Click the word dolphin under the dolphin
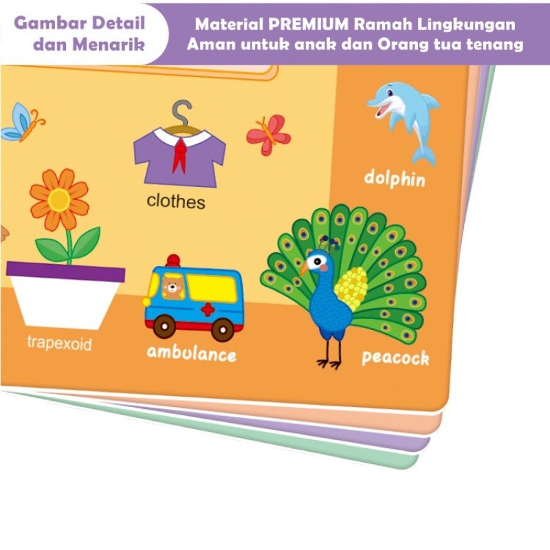pos(395,179)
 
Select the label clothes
pos(176,201)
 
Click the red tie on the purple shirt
pos(179,155)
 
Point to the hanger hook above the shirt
pos(181,110)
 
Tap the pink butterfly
pos(269,134)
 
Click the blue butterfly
pos(21,124)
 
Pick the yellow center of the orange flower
pos(59,199)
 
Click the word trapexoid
pos(59,343)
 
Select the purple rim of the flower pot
pos(66,272)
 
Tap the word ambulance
pos(191,354)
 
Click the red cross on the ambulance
pos(208,309)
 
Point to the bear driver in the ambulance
pos(172,287)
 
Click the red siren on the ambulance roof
pos(173,260)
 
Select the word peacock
pos(395,357)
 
